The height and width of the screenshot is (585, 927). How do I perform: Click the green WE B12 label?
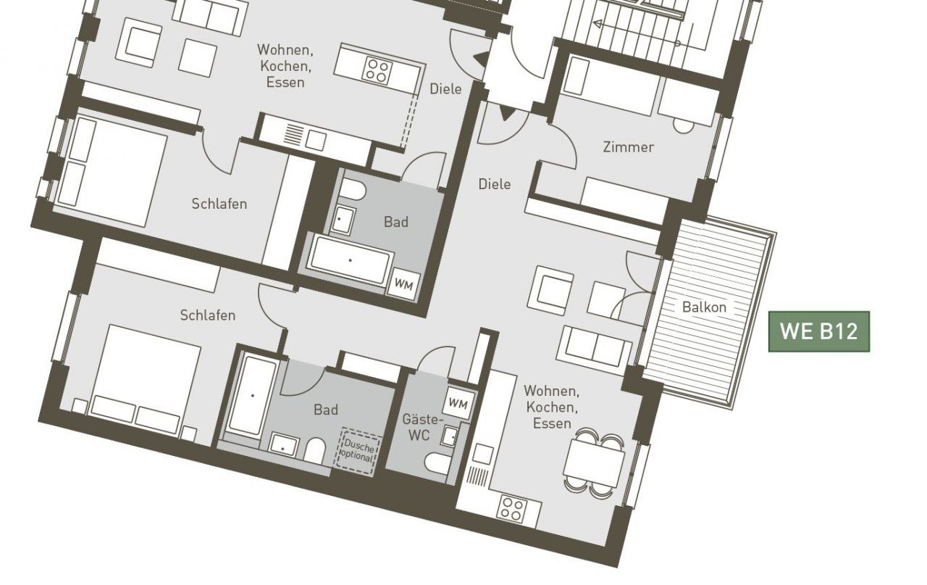point(819,331)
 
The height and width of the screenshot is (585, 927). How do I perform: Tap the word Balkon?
point(704,307)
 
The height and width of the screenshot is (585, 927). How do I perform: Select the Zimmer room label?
point(628,147)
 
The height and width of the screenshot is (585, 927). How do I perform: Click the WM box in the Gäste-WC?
point(458,402)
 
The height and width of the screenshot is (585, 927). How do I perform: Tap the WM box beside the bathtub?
point(404,283)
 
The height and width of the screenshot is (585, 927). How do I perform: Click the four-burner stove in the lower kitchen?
point(512,509)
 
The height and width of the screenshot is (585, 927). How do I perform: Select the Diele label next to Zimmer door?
point(494,184)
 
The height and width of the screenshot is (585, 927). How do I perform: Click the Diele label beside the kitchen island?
point(445,89)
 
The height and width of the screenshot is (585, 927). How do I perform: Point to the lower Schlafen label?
point(208,315)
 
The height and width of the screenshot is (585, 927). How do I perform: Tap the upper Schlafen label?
point(219,204)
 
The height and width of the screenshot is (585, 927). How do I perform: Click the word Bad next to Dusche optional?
point(326,410)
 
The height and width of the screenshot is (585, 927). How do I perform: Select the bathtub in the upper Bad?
point(351,260)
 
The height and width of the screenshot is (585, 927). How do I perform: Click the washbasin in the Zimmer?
point(684,125)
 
